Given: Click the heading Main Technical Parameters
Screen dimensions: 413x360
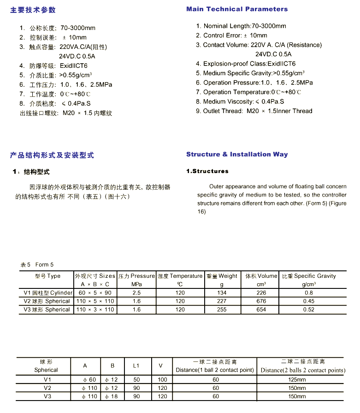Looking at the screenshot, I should [x=237, y=9].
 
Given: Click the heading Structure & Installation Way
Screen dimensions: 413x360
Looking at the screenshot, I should [x=237, y=155].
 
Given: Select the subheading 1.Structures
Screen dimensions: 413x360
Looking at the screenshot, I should [x=207, y=171].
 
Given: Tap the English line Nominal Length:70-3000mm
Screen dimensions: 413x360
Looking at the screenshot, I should [x=241, y=26].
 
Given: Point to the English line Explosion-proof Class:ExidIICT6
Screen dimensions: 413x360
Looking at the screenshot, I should [x=246, y=64].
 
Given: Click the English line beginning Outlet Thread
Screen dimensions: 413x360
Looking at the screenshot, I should [x=254, y=111].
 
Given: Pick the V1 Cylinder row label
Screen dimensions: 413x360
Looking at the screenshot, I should [x=48, y=293].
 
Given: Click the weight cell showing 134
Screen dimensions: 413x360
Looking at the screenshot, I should [x=222, y=293].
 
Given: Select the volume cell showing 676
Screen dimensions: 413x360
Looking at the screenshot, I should [x=261, y=301].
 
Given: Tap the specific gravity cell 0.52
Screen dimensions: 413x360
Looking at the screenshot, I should [x=308, y=309].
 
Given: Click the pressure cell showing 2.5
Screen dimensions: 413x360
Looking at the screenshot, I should [x=136, y=293].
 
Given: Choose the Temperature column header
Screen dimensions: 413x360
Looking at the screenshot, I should [x=180, y=276].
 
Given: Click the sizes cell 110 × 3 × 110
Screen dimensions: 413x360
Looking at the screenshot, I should [x=95, y=309].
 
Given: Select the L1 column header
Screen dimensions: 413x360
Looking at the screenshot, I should [x=136, y=365].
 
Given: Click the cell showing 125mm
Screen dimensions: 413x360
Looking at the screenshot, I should [x=300, y=380].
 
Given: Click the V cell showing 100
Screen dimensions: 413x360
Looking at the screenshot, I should [x=162, y=380].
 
